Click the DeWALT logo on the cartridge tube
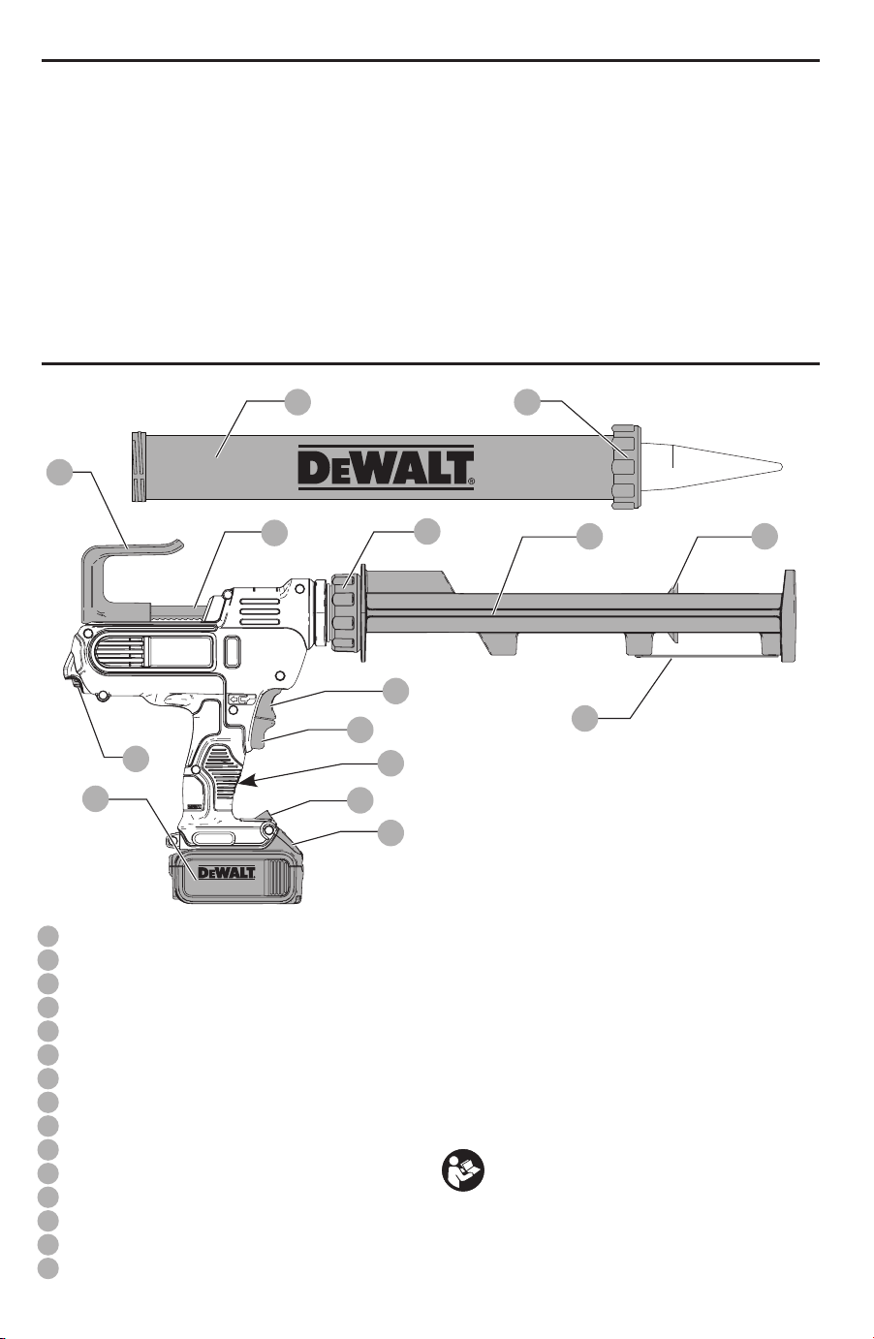click(387, 467)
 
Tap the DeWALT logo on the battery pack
click(227, 872)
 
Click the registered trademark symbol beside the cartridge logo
click(471, 480)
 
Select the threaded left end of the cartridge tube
click(139, 466)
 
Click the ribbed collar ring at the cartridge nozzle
click(626, 467)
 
